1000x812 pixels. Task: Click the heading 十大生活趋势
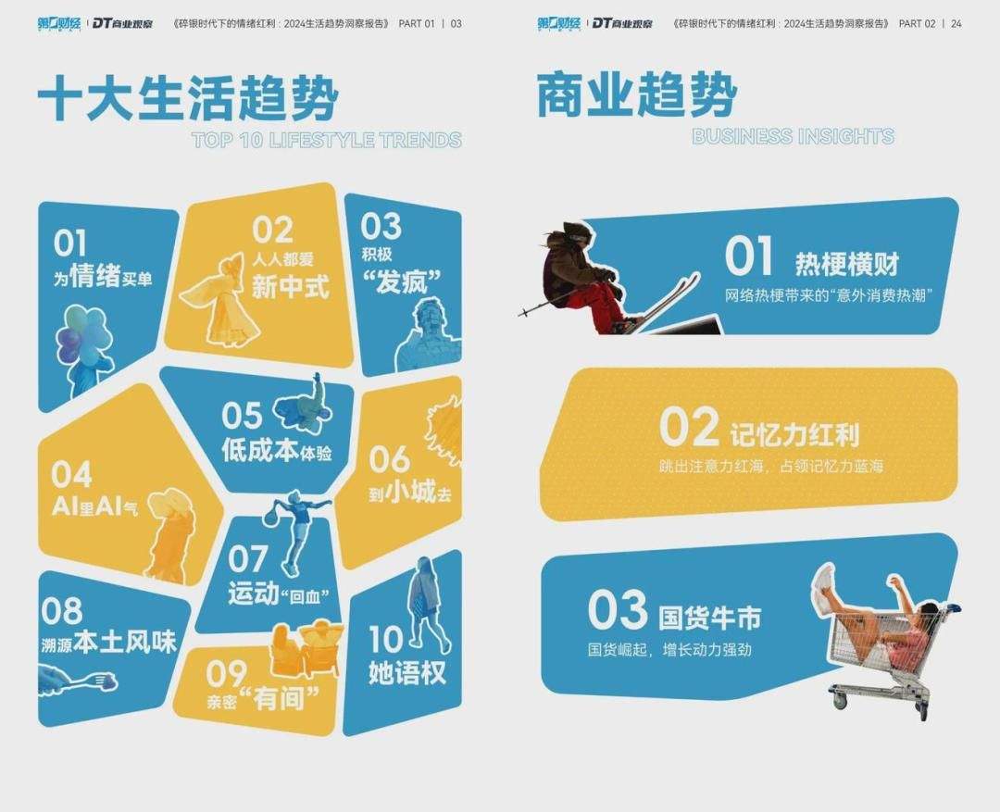click(x=187, y=98)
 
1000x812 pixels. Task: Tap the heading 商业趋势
click(x=636, y=95)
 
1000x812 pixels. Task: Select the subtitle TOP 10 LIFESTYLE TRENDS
click(x=327, y=141)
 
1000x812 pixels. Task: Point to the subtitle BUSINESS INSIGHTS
click(x=793, y=136)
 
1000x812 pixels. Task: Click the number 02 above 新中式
click(x=272, y=230)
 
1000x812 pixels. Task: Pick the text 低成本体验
click(x=277, y=450)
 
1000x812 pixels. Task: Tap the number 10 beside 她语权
click(x=386, y=639)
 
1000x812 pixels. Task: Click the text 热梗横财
click(x=847, y=264)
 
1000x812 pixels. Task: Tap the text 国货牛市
click(x=709, y=618)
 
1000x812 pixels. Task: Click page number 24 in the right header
click(x=956, y=23)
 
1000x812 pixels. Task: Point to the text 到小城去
click(x=410, y=492)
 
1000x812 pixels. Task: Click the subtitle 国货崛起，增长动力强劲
click(x=669, y=650)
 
